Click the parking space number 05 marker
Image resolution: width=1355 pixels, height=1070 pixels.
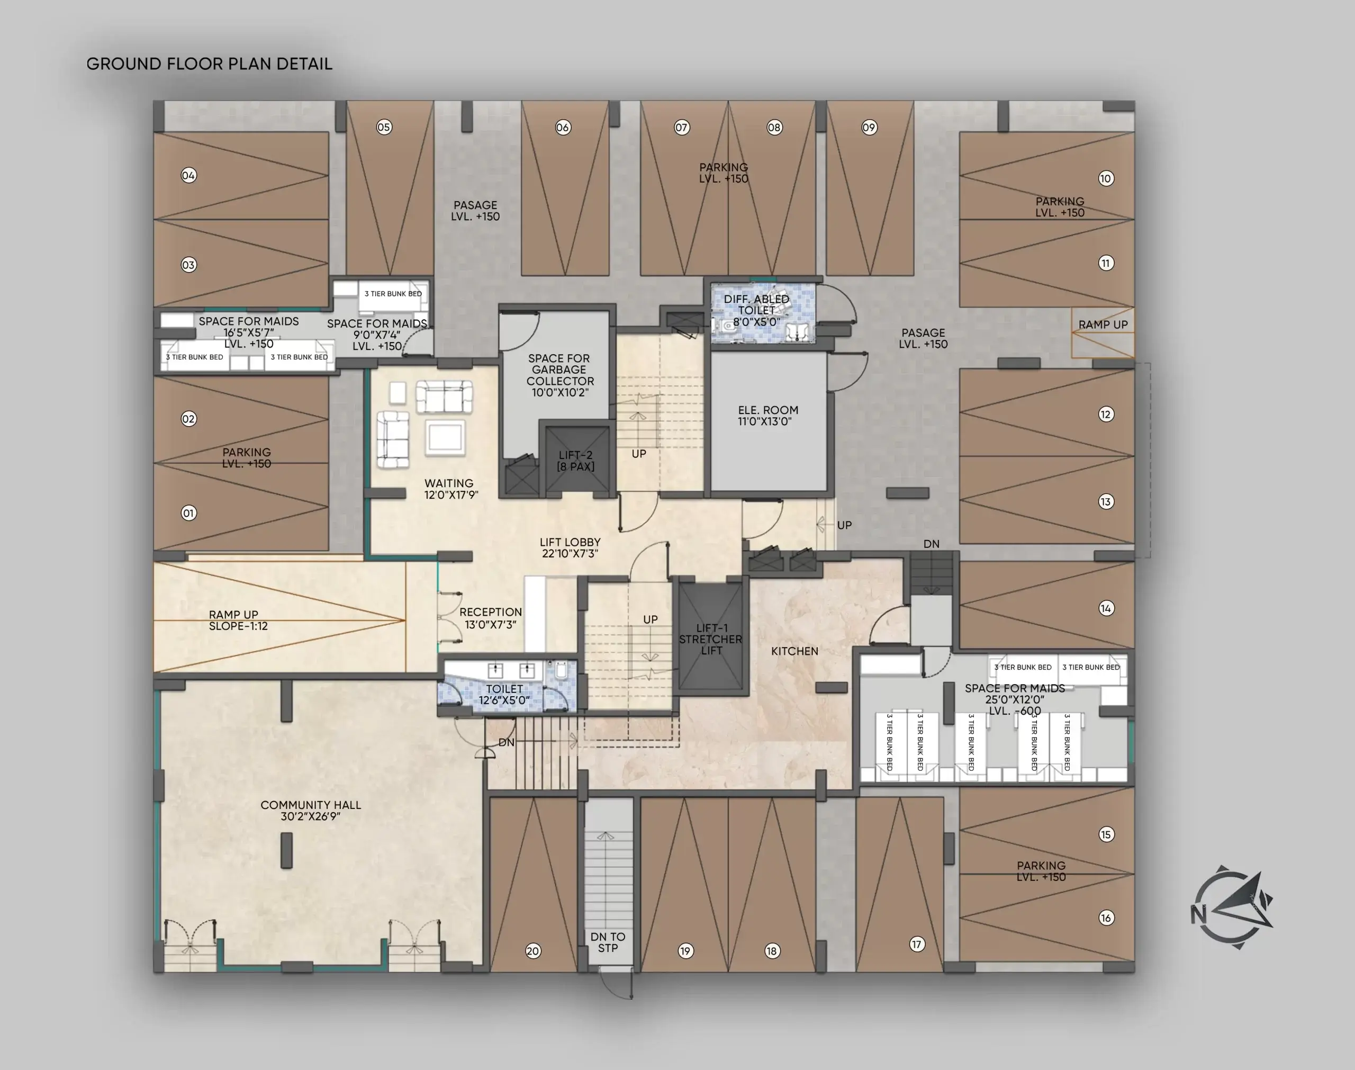384,127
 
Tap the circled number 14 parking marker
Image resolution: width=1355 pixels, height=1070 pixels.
1106,608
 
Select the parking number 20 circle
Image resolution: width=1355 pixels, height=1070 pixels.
533,951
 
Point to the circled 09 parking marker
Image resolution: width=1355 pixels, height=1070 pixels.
869,127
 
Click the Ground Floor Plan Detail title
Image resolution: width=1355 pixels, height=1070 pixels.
209,64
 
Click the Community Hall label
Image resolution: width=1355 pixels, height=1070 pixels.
311,810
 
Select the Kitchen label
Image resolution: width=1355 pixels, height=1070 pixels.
794,651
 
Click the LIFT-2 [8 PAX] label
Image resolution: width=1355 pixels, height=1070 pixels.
575,461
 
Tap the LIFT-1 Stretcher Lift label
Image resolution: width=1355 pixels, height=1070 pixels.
711,639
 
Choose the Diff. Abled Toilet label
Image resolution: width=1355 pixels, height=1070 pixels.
756,310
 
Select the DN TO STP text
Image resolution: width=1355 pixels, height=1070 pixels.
608,942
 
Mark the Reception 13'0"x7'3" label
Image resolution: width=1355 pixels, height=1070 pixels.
490,618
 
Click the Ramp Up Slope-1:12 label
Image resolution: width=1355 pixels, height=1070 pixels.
238,620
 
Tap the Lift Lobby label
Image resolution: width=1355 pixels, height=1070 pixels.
570,547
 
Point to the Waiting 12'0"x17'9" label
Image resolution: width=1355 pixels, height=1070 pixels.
451,489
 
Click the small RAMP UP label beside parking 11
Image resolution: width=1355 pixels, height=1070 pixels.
1103,325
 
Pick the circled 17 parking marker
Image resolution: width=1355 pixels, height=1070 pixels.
917,944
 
